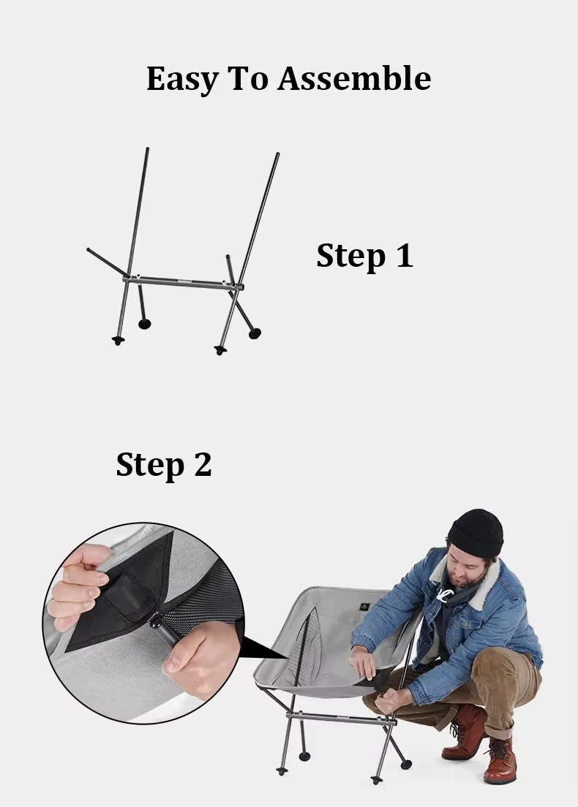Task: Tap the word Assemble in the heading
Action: (355, 78)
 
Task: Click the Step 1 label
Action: (365, 255)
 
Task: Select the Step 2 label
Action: (164, 465)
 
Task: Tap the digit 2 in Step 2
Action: (203, 464)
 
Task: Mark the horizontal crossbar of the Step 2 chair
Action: (341, 719)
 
